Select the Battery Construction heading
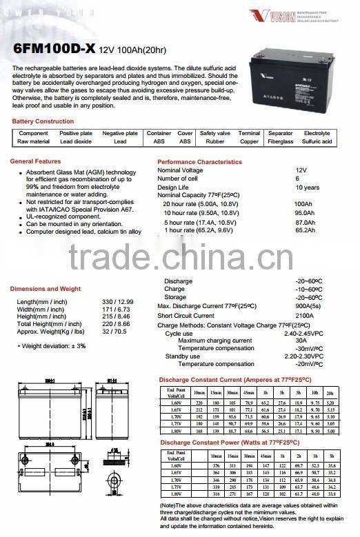click(x=43, y=121)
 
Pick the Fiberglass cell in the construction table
click(x=281, y=141)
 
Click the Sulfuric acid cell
click(x=317, y=141)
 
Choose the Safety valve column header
click(x=215, y=133)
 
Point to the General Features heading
click(x=36, y=161)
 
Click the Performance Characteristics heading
click(x=200, y=162)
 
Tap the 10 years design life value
click(x=307, y=188)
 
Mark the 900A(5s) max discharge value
click(x=308, y=305)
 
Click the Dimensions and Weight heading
click(x=46, y=289)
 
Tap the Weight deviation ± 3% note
click(x=52, y=345)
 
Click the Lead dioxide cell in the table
click(x=76, y=141)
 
